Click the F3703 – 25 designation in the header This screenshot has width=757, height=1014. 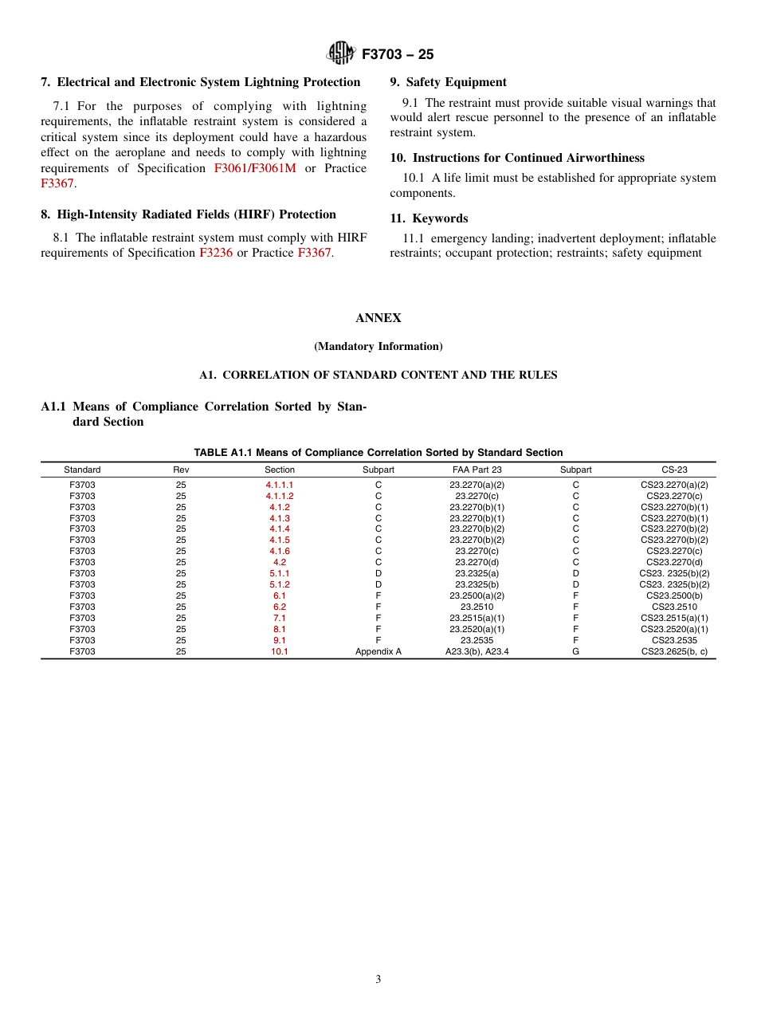pos(398,54)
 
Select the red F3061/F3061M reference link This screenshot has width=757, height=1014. pos(254,168)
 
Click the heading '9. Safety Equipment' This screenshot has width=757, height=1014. pos(448,82)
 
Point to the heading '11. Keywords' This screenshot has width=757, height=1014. pos(429,218)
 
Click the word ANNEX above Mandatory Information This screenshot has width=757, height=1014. pos(378,318)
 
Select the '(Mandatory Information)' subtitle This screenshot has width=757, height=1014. pos(378,347)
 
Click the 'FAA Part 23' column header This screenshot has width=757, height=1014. pos(477,470)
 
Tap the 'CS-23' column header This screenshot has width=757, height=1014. pos(674,470)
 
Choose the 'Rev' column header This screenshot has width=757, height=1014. pos(181,470)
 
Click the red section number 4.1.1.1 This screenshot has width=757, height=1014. pos(280,485)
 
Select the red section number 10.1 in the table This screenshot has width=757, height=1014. pos(280,651)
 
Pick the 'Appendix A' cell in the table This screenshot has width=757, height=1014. pos(378,651)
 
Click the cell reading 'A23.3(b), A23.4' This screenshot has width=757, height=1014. pos(477,651)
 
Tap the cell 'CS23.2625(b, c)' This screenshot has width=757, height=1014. pos(674,651)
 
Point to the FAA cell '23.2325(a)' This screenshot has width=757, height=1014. pos(477,573)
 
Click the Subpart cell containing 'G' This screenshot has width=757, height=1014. pos(575,651)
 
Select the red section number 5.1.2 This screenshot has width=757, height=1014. pos(280,584)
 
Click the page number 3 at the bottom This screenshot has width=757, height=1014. pos(378,980)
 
